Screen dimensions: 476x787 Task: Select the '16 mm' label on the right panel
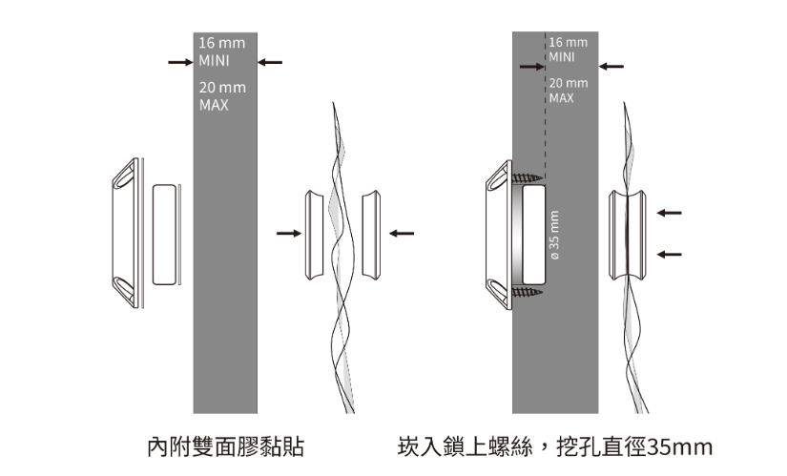pos(569,44)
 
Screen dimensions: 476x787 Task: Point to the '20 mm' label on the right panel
pos(569,83)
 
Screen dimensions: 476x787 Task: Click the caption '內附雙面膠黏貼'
pos(225,446)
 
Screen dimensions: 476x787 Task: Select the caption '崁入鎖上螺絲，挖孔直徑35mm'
pos(555,446)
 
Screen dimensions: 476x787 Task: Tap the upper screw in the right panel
pos(526,178)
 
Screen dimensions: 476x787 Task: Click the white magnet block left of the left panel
pos(165,233)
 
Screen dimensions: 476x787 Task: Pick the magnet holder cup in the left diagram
pos(124,233)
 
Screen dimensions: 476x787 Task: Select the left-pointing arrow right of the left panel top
pos(270,63)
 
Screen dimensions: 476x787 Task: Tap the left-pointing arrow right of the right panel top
pos(611,67)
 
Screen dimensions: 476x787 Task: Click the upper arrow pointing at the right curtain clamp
pos(670,212)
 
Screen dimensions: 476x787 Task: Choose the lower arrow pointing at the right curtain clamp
pos(670,254)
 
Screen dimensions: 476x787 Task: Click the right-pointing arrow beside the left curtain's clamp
pos(286,232)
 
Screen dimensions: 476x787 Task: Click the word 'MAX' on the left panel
pos(214,105)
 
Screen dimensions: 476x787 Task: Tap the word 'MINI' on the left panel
pos(215,61)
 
